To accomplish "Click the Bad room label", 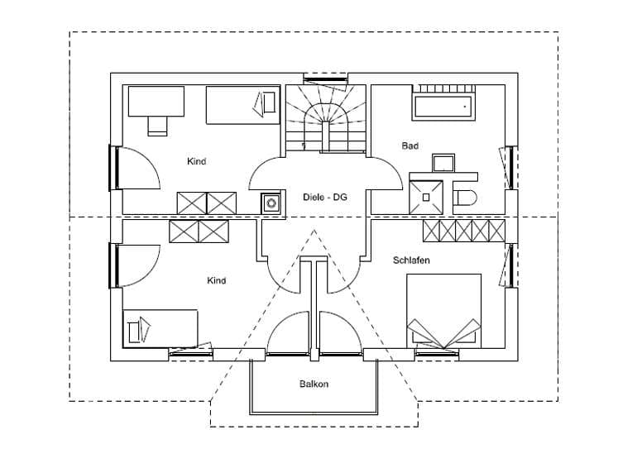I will (x=410, y=146).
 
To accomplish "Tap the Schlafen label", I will (x=411, y=260).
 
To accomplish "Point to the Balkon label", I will (x=314, y=384).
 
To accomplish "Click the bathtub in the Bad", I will (x=442, y=107).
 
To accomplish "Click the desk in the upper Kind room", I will (x=155, y=101).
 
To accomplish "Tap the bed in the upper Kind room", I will (x=242, y=105).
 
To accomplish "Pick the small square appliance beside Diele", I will (x=271, y=202).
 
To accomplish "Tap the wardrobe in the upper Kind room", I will (x=207, y=203).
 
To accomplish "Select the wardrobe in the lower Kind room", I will (x=199, y=231).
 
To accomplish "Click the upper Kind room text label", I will (x=196, y=161).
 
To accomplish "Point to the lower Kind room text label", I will (x=216, y=281).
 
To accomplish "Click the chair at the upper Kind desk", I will (x=157, y=125).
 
